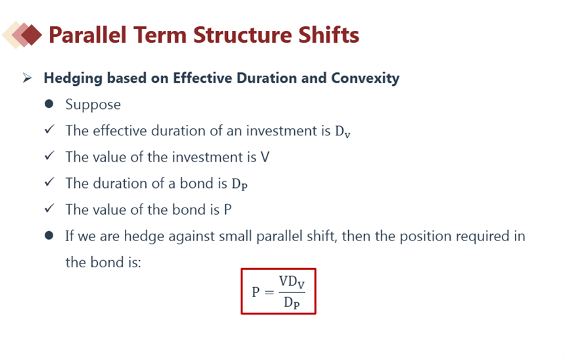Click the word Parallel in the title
pyautogui.click(x=87, y=35)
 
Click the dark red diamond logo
pyautogui.click(x=32, y=35)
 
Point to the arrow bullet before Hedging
pyautogui.click(x=27, y=78)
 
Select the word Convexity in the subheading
pyautogui.click(x=365, y=78)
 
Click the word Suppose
pyautogui.click(x=93, y=105)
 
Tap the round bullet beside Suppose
pyautogui.click(x=49, y=104)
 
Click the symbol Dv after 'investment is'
pyautogui.click(x=343, y=131)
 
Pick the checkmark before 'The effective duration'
pyautogui.click(x=49, y=129)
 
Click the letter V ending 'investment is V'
pyautogui.click(x=265, y=157)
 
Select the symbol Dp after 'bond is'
pyautogui.click(x=240, y=184)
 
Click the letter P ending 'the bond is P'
pyautogui.click(x=227, y=210)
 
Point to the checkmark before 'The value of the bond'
pyautogui.click(x=49, y=208)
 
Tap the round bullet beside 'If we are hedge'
pyautogui.click(x=49, y=236)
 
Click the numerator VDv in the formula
pyautogui.click(x=292, y=282)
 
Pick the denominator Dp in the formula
pyautogui.click(x=292, y=303)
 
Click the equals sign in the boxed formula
pyautogui.click(x=269, y=292)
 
